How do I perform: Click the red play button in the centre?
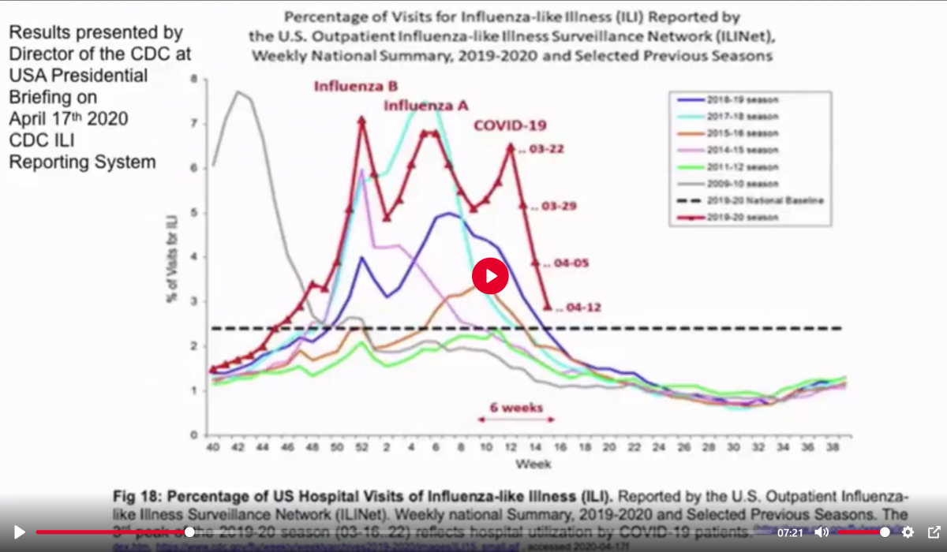(490, 275)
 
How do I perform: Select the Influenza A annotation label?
(425, 105)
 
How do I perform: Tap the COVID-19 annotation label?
(510, 125)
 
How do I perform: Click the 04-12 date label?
(579, 308)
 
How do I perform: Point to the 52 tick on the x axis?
(361, 446)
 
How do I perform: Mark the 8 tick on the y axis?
(195, 80)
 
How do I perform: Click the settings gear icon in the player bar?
(908, 532)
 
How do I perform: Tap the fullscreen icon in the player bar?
(934, 532)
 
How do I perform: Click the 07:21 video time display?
(790, 533)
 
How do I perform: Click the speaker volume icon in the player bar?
(822, 532)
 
